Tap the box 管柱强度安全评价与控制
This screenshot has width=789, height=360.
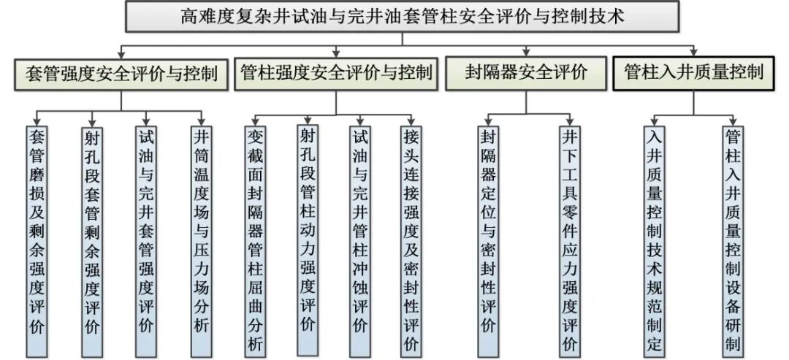click(335, 73)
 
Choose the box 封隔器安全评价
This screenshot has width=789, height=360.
click(526, 73)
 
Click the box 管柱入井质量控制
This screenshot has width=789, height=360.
click(693, 72)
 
